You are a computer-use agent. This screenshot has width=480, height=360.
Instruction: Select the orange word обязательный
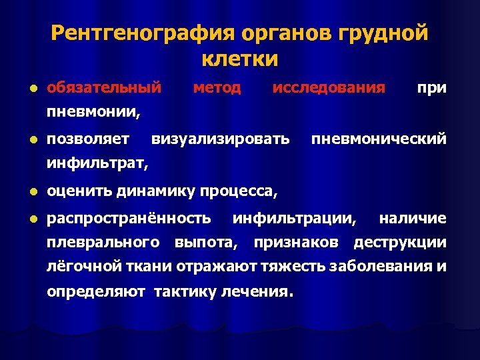105,87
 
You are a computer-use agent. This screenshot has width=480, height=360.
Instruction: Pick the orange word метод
217,87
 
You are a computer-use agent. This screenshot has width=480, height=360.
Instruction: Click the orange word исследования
329,87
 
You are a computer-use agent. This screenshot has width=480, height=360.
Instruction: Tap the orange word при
431,87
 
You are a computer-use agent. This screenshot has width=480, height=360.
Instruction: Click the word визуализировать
221,139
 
